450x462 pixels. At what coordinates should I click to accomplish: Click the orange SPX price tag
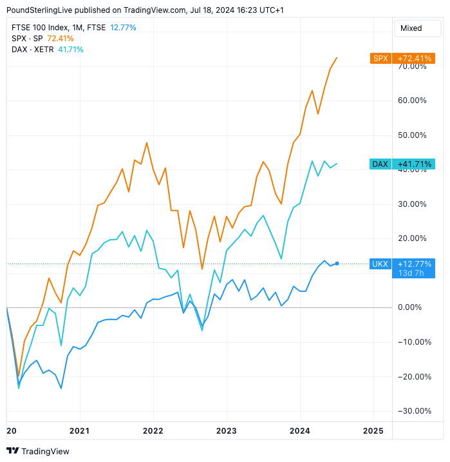pos(380,59)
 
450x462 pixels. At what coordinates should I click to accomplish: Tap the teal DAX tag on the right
pos(380,164)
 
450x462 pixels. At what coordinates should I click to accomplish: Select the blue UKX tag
pos(380,264)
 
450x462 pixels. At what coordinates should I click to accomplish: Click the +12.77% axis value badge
pos(414,264)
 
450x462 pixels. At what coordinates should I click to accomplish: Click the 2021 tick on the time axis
pos(79,430)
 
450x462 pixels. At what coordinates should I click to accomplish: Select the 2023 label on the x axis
pos(227,430)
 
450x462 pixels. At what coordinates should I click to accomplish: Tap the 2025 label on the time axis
pos(373,430)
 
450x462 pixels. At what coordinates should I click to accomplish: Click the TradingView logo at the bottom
pos(38,451)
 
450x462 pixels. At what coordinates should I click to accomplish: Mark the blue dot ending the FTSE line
pos(337,264)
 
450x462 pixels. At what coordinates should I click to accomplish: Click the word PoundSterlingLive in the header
pos(39,10)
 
